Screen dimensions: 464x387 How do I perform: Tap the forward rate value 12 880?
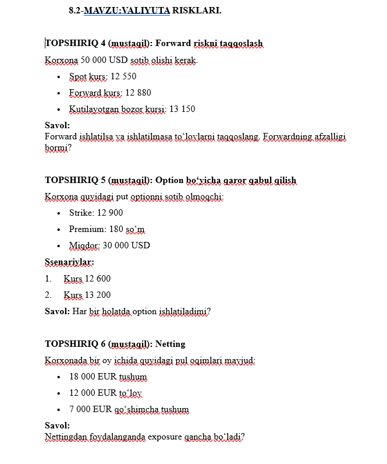pos(138,93)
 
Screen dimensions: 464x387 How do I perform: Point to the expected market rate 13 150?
pos(182,109)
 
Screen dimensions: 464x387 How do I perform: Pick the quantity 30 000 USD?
pos(126,245)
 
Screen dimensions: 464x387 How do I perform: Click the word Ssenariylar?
pos(69,262)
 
